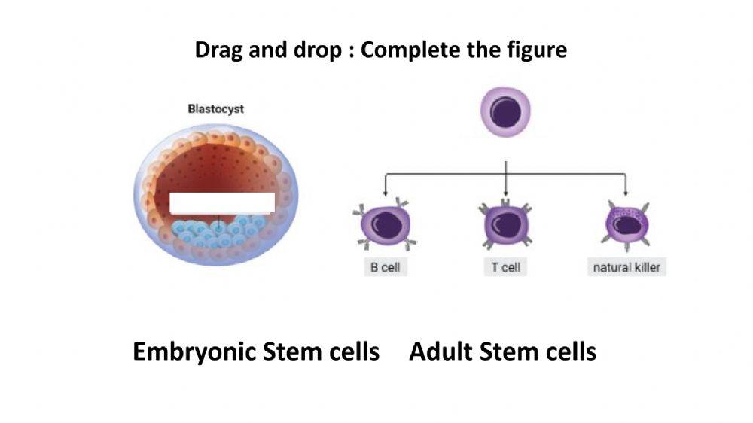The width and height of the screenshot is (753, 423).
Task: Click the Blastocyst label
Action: pos(215,109)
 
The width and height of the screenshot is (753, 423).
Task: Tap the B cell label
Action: pos(385,268)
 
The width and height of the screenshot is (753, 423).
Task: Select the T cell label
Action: pos(505,268)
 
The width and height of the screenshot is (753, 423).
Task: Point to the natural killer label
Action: pos(626,268)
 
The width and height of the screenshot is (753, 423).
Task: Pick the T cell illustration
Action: pos(505,224)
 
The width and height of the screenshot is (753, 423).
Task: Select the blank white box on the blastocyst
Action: pos(221,202)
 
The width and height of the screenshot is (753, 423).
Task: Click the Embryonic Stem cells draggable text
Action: pos(256,351)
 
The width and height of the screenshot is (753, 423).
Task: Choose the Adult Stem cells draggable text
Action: pos(502,351)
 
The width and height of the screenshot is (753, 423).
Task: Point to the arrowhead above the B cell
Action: pos(386,194)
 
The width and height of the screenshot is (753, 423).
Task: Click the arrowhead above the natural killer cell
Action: pos(626,194)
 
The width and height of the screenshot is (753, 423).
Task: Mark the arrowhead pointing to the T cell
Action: pos(505,194)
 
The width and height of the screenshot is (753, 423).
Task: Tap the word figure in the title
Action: pos(536,50)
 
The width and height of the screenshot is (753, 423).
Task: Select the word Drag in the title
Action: pos(218,50)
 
